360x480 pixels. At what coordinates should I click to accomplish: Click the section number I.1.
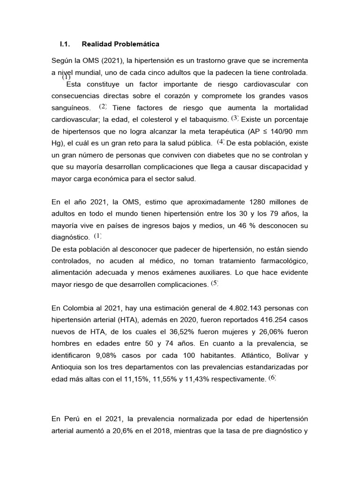(65, 45)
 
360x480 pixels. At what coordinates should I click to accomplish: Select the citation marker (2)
(103, 106)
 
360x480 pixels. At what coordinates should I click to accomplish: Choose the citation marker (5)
(214, 283)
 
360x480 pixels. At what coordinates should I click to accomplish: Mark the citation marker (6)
(272, 378)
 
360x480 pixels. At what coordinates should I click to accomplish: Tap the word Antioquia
(69, 368)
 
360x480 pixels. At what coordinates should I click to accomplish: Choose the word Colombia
(78, 308)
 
